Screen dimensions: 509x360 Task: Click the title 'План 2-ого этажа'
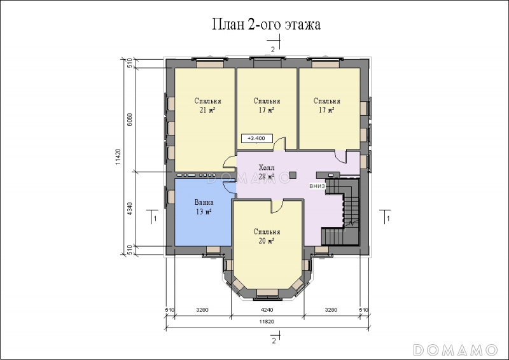point(266,24)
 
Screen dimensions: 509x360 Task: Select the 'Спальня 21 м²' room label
point(208,106)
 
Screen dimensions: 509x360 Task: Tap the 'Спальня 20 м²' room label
point(267,237)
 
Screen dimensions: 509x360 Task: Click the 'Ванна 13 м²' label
point(204,207)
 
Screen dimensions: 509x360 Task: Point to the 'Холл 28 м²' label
point(267,172)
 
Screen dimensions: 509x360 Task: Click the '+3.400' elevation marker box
point(257,138)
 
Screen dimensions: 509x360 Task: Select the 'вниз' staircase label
point(317,186)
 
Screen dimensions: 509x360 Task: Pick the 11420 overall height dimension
point(118,156)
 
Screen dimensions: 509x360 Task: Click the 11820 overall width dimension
point(267,322)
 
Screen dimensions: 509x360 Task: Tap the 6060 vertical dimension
point(130,120)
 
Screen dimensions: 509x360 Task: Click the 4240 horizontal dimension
point(267,310)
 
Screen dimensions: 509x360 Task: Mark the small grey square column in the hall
point(293,175)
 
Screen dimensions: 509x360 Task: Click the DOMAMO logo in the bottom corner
point(456,350)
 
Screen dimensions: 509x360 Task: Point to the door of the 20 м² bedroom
point(277,207)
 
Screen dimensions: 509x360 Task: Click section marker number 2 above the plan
point(273,50)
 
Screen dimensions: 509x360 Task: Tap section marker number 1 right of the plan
point(388,218)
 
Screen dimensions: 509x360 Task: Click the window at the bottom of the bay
point(267,293)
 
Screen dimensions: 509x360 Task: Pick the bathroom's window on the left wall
point(170,197)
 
